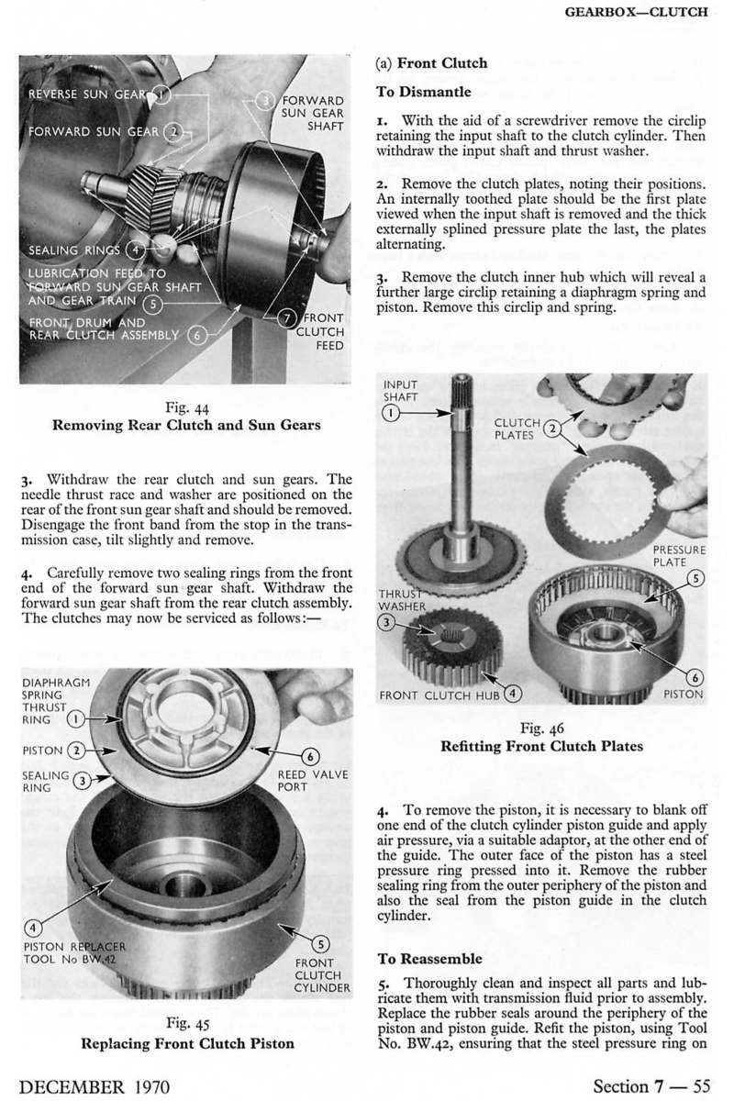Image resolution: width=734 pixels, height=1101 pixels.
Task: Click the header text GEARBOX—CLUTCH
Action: click(648, 13)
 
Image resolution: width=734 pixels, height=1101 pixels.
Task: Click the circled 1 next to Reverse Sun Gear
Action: click(161, 94)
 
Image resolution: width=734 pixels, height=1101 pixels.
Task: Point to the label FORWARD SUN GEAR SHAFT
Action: click(312, 113)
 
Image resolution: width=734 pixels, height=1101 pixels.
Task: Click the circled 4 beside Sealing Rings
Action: click(135, 249)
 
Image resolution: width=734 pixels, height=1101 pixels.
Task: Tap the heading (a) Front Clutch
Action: click(432, 63)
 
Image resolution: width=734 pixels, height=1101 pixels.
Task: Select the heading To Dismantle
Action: click(424, 93)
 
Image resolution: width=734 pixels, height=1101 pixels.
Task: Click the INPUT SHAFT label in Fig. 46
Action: click(399, 389)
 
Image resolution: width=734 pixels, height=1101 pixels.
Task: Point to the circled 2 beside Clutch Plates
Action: click(552, 428)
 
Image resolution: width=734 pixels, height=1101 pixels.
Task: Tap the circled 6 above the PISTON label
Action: click(695, 677)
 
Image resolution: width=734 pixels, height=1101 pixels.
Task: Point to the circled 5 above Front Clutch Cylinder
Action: click(321, 941)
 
